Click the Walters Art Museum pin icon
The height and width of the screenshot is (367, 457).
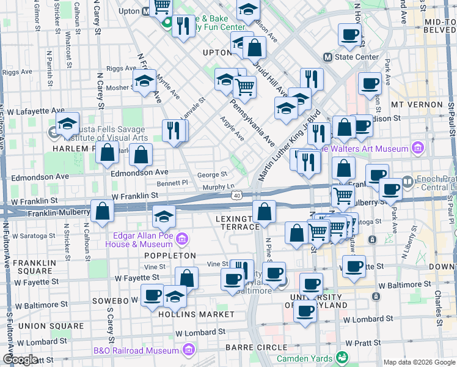click(417, 147)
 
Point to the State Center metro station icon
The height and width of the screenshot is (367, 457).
click(327, 57)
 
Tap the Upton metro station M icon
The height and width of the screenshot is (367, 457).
click(146, 11)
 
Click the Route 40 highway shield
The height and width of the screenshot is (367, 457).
click(237, 195)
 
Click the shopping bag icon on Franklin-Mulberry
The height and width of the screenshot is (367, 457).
click(102, 212)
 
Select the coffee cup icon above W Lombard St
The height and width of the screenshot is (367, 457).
click(305, 310)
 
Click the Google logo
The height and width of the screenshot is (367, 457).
click(21, 360)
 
